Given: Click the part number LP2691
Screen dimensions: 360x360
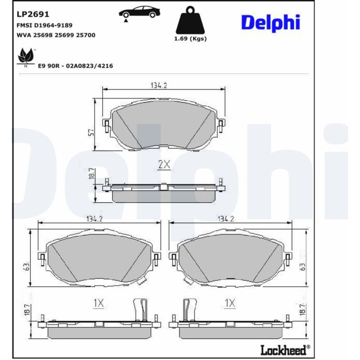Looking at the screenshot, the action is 33,14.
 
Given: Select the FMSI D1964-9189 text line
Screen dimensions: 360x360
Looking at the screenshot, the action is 45,25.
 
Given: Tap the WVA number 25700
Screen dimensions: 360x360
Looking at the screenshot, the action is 85,35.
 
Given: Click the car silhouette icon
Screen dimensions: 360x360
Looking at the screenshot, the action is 139,13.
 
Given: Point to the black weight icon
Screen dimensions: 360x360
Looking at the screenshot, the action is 190,20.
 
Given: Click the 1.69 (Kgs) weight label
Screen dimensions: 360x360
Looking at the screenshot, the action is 190,39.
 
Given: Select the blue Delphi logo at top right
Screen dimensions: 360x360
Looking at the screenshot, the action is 270,22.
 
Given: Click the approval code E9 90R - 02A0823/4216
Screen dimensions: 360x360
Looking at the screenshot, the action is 75,66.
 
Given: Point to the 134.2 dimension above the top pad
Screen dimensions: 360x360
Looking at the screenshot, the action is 159,85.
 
